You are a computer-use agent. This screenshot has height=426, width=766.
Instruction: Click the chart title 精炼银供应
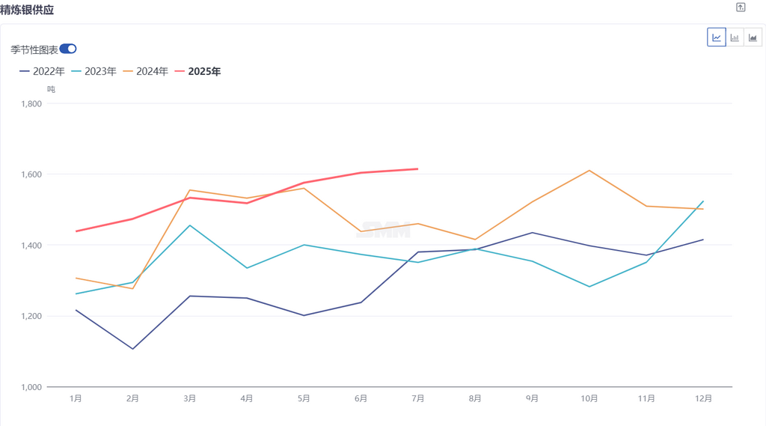tap(27, 10)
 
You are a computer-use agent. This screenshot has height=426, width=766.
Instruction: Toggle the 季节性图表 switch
tap(68, 49)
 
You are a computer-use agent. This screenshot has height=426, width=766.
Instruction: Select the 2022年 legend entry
tap(43, 72)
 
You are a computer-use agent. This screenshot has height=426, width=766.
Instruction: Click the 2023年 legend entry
tap(94, 72)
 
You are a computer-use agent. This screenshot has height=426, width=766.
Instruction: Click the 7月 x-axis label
tap(417, 399)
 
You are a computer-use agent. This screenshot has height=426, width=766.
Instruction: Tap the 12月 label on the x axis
tap(702, 399)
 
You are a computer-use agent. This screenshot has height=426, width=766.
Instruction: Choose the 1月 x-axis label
tap(76, 399)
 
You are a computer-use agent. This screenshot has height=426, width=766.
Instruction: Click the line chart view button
tap(717, 37)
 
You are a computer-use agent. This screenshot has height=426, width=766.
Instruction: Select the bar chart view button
tap(735, 37)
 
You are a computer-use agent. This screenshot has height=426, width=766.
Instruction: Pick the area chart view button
tap(753, 37)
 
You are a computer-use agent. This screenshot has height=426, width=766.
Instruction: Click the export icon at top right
tap(741, 7)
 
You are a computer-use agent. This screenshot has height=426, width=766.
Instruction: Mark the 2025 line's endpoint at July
tap(417, 169)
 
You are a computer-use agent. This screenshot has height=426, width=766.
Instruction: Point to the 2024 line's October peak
tap(589, 171)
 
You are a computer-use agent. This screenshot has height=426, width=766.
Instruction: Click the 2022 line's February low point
tap(133, 349)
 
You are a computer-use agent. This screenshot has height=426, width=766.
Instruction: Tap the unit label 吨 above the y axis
tap(51, 90)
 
